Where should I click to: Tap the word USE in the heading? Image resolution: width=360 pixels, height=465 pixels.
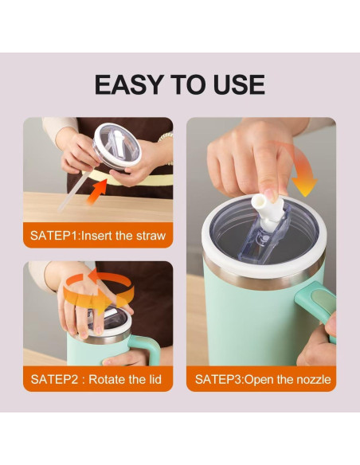(x=238, y=85)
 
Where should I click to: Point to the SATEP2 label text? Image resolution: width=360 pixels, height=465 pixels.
(x=54, y=379)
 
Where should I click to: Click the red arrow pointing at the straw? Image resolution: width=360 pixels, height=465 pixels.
(x=97, y=192)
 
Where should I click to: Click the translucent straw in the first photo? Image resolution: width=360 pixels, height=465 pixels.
(x=73, y=190)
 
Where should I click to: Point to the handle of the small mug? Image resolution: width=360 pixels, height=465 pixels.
(x=145, y=348)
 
